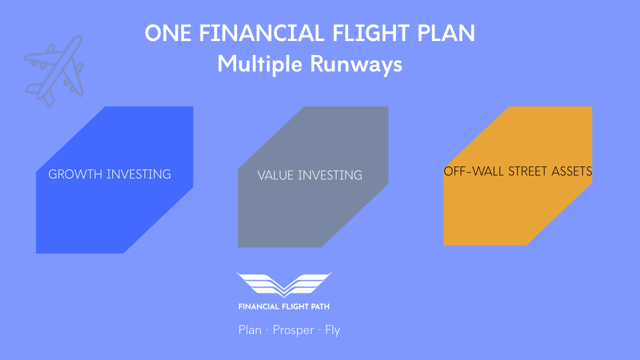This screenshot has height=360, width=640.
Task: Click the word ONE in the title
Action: (168, 33)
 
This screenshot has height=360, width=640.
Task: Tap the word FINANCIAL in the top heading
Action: (261, 33)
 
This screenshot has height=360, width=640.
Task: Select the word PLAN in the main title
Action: (445, 33)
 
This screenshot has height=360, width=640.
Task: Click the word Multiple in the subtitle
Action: (259, 64)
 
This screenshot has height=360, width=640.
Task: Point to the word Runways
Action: (356, 65)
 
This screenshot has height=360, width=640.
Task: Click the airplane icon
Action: (54, 71)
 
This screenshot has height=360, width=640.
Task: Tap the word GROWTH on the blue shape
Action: (75, 174)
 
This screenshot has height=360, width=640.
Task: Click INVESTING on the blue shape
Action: (138, 174)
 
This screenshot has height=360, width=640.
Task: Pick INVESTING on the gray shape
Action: (330, 175)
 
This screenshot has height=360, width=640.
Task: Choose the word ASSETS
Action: (571, 171)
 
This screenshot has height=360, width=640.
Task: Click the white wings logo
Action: (283, 284)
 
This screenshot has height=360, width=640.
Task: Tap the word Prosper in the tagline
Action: (293, 330)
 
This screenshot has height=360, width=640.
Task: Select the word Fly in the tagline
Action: (332, 330)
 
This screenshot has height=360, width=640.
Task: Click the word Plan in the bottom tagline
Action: (250, 329)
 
